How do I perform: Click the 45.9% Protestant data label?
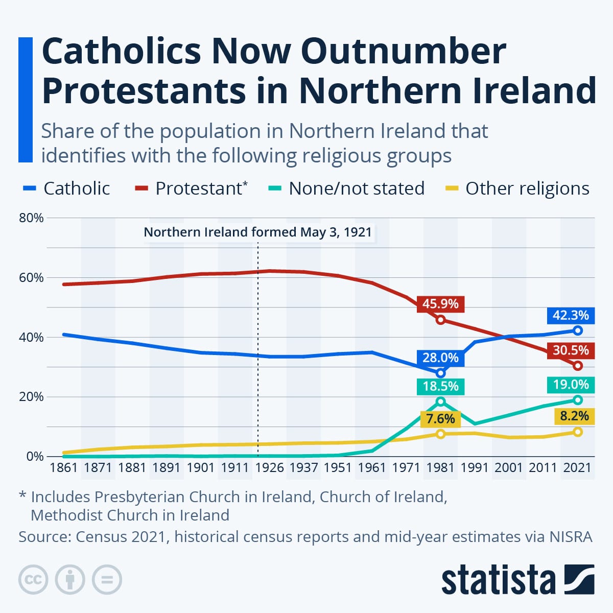coord(440,304)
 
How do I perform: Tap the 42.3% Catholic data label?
coord(571,316)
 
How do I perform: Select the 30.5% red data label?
coord(571,350)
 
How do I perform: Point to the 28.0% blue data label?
coord(440,358)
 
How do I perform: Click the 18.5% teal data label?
coord(440,387)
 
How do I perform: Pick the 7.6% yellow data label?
coord(440,419)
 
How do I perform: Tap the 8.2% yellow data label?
coord(575,416)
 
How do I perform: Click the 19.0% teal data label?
coord(571,385)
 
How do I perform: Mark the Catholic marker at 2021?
coord(578,331)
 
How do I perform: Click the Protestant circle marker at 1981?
coord(440,320)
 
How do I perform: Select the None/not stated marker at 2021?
coord(578,400)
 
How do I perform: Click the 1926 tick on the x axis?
coord(269,467)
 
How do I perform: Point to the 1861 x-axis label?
coord(64,467)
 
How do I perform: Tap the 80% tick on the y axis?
coord(31,218)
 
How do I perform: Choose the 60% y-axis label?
coord(31,278)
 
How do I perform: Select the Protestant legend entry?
coord(191,188)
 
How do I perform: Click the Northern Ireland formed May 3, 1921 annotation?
coord(257,232)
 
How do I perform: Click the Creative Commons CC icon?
coord(33,580)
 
